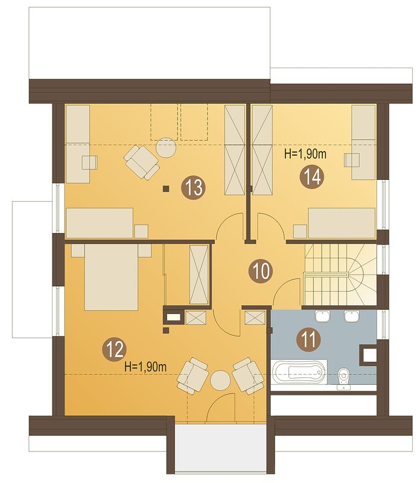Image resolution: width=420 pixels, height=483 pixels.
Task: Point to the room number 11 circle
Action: tap(308, 340)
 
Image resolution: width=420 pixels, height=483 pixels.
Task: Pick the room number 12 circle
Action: tap(115, 349)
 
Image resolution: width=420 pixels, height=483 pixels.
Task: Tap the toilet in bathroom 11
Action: tap(343, 379)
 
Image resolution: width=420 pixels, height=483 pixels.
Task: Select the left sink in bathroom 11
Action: tap(322, 316)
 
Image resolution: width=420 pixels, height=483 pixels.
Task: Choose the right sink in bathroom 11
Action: tap(351, 316)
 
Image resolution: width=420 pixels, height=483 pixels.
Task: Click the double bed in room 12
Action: tap(111, 277)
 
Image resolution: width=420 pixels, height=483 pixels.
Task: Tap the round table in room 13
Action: tap(166, 148)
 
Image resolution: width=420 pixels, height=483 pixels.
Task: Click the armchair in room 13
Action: tap(142, 162)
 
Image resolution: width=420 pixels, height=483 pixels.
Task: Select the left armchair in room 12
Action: tap(192, 376)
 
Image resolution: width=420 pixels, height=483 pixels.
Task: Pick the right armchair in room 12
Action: tap(249, 376)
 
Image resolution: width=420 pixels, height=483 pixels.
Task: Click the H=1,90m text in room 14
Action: tap(305, 153)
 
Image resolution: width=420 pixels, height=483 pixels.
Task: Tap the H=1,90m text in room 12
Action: tap(145, 366)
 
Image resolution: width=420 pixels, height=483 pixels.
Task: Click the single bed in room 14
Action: tap(342, 223)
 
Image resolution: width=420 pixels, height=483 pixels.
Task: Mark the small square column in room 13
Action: tap(166, 188)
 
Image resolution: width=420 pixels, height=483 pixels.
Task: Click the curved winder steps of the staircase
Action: tap(362, 274)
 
